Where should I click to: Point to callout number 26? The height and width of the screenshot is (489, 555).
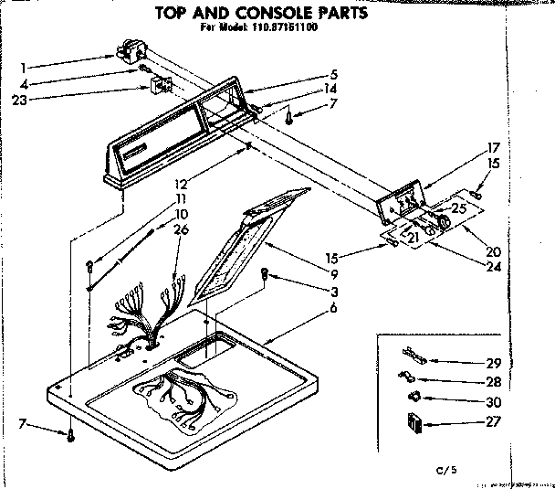[x=183, y=229]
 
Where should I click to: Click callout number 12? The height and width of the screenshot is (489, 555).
[x=183, y=184]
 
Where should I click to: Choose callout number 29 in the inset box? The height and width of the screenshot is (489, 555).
[x=495, y=363]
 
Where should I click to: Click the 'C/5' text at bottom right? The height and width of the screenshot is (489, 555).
[x=444, y=470]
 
